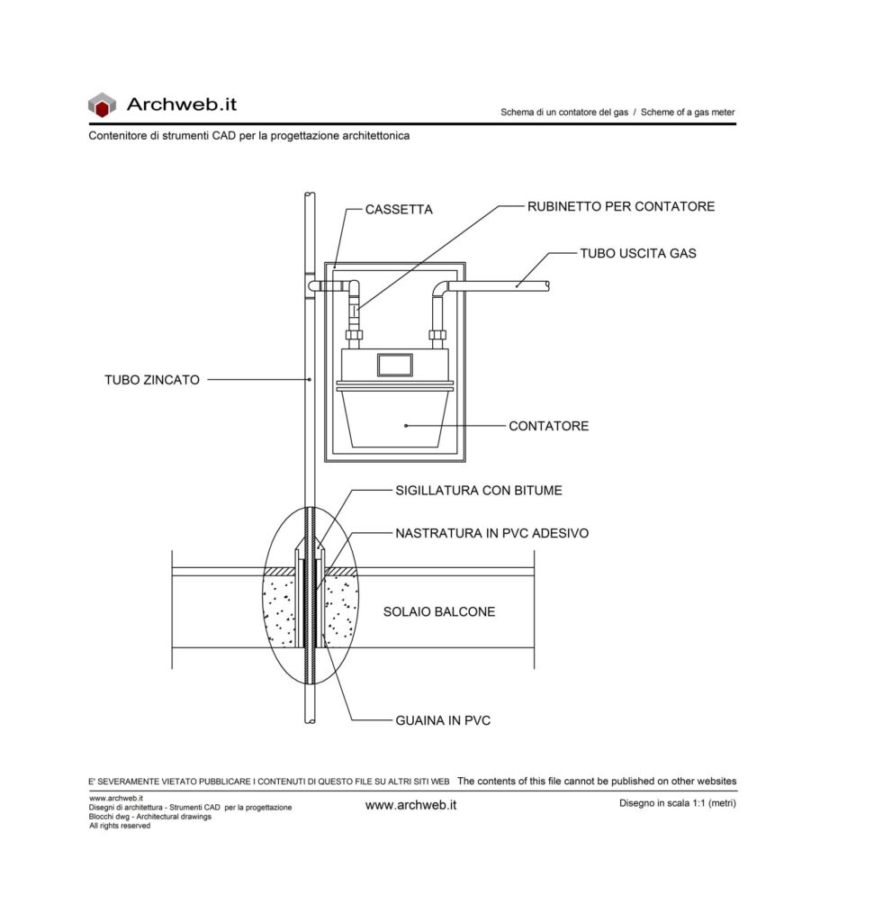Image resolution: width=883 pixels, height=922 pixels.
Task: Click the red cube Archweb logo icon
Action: (x=102, y=104)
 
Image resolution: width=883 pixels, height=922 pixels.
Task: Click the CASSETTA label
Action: (x=399, y=209)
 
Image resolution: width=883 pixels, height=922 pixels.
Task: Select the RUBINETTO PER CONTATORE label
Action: (x=621, y=206)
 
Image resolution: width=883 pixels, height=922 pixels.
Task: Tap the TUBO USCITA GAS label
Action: (x=638, y=253)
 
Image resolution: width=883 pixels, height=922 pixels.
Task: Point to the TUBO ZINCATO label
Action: (x=152, y=380)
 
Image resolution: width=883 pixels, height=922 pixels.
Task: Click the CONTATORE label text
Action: (x=548, y=426)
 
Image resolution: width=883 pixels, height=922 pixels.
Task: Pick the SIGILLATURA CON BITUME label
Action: (x=479, y=491)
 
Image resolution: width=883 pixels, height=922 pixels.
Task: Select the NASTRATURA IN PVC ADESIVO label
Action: (x=492, y=533)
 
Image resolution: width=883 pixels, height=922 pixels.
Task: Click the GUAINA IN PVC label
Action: (x=443, y=720)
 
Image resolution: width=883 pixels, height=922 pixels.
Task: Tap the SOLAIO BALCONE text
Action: (x=439, y=611)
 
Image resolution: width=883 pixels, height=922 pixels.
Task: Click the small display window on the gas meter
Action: (x=395, y=366)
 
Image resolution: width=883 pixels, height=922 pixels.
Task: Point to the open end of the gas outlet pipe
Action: (x=547, y=286)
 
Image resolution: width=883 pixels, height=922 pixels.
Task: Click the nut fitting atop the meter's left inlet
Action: (x=354, y=335)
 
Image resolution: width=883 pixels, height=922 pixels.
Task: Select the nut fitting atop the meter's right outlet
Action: (x=437, y=335)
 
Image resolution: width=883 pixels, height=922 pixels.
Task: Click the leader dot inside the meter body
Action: (x=406, y=426)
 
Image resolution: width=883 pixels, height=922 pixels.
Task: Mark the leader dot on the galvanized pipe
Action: (x=310, y=380)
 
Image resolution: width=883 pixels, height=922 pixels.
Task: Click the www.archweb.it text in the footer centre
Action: (x=411, y=805)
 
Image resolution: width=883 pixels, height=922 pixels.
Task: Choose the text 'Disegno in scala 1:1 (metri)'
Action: (x=677, y=803)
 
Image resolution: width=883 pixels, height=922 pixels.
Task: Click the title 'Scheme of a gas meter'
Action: (x=688, y=113)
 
